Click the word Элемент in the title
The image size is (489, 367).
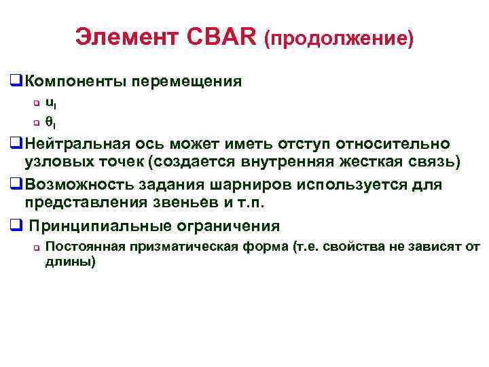click(x=128, y=38)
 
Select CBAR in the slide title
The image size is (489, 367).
click(x=220, y=38)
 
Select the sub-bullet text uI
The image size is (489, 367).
click(x=50, y=103)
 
